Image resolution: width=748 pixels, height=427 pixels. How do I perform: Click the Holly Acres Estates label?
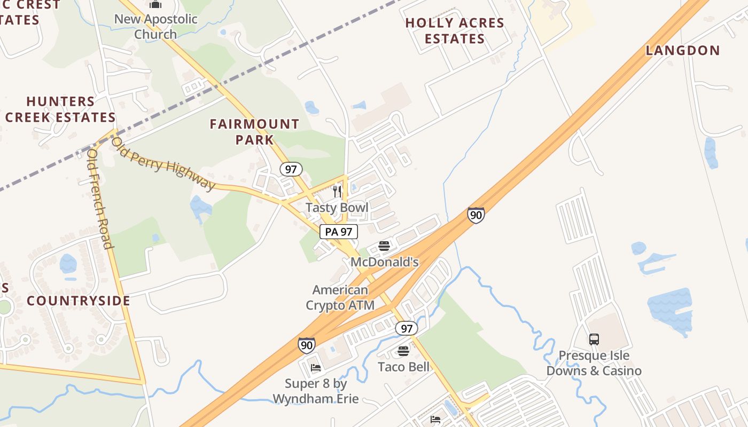[x=455, y=31]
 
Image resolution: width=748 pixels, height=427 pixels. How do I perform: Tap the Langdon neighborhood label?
[x=683, y=51]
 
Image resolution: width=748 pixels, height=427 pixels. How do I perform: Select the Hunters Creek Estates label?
[x=60, y=109]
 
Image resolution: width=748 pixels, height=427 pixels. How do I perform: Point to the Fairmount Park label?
[x=254, y=132]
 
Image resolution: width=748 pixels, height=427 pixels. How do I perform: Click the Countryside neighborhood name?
[x=79, y=301]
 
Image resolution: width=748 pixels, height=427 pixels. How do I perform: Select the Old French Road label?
[x=100, y=199]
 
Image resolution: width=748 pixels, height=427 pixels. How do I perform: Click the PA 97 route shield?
[x=339, y=232]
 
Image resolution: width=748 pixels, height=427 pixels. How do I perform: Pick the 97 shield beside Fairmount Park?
[x=291, y=170]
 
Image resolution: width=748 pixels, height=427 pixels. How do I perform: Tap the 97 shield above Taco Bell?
[x=407, y=328]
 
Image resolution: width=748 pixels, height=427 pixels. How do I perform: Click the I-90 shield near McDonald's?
[x=476, y=215]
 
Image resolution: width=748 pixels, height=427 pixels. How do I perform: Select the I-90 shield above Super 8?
[x=307, y=345]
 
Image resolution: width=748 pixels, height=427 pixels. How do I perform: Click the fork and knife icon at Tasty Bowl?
[x=337, y=191]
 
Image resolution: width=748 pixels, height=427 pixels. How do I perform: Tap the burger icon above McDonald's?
[x=384, y=246]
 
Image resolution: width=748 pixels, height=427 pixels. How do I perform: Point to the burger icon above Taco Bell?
[x=403, y=351]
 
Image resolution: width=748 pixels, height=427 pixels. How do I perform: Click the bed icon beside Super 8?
[x=316, y=368]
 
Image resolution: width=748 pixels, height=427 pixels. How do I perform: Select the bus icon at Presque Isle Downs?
[x=594, y=339]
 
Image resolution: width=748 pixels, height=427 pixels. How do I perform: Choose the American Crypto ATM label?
[x=340, y=298]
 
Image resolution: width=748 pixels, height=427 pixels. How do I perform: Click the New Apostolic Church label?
[x=155, y=27]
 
